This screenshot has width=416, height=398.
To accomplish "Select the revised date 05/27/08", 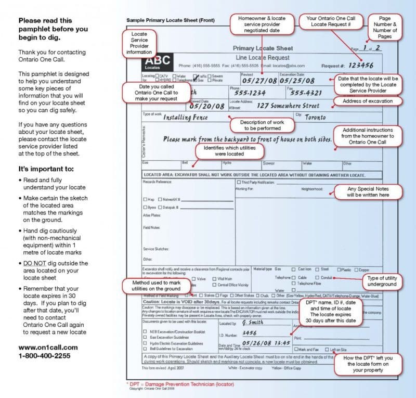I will tap(258, 81).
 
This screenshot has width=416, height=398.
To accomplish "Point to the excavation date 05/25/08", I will tap(297, 81).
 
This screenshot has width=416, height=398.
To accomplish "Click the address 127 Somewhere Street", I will tap(288, 105).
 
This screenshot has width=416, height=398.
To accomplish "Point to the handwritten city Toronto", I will tap(315, 118).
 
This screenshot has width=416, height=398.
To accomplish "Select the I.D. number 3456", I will tap(250, 333).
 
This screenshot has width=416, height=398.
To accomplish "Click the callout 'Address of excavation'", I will tap(368, 101).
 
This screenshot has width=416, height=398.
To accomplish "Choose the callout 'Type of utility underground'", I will tap(382, 281).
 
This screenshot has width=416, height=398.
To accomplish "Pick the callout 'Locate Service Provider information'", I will tap(139, 43).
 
